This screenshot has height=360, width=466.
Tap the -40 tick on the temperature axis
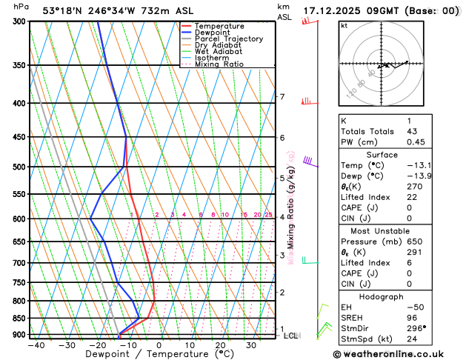[x=36, y=345]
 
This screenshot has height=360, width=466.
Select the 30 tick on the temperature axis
[x=251, y=345]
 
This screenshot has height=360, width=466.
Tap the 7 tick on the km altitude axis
[x=282, y=97]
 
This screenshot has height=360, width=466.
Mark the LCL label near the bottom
[x=291, y=336]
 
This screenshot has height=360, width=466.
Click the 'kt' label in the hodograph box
[x=344, y=26]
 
